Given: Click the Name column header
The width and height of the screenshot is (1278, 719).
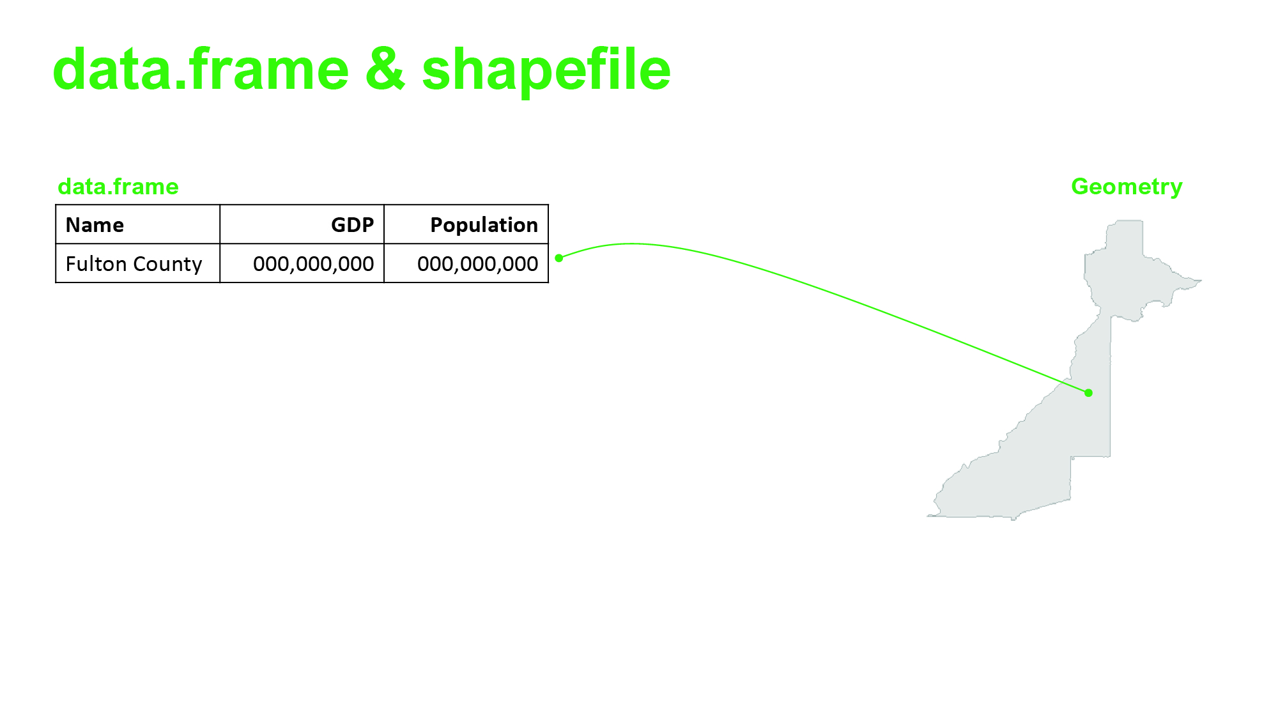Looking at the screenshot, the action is pos(95,225).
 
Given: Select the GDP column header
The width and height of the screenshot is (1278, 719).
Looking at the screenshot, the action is pos(352,225).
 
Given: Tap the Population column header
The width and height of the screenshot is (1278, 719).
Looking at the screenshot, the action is pos(484,225).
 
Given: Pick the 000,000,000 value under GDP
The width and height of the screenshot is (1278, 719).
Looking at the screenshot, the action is pos(313,264).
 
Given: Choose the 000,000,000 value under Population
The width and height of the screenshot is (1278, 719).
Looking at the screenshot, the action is pos(477,264).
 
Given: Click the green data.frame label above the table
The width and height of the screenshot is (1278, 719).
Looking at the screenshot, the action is pos(118,187).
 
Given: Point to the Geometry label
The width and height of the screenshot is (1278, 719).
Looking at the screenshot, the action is pos(1127,187).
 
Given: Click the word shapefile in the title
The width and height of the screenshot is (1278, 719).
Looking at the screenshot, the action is pos(546,70).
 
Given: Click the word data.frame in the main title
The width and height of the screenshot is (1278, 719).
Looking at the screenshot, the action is pos(201,69).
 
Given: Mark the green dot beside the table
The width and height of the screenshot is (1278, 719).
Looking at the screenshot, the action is pos(559,258).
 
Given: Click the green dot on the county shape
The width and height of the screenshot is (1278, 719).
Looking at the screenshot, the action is pos(1089,393).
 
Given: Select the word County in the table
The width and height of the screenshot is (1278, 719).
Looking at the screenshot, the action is pos(167,264).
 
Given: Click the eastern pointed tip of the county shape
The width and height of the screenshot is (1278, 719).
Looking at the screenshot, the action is pos(1201,281).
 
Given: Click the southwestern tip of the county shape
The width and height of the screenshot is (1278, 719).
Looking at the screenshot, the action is pos(928,516).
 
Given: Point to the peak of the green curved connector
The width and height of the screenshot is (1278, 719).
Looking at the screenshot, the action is pos(631,244).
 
